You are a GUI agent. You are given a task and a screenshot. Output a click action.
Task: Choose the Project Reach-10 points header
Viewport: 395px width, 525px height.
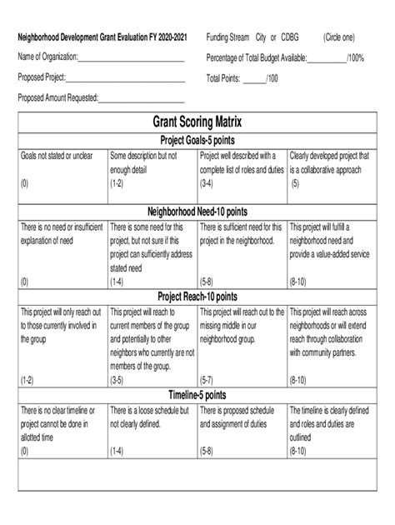(x=197, y=296)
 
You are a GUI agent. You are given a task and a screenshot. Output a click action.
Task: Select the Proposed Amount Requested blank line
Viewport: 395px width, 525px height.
(x=141, y=98)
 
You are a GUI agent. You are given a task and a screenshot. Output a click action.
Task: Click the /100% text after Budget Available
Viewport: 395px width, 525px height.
(x=355, y=58)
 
